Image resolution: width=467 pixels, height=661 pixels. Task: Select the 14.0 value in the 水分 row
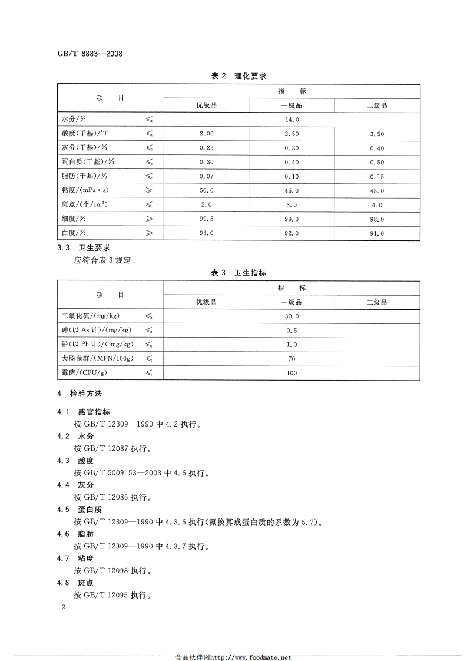(x=292, y=119)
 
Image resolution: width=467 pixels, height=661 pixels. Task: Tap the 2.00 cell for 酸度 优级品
(x=206, y=134)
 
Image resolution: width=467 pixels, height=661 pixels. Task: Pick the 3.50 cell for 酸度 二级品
(x=377, y=134)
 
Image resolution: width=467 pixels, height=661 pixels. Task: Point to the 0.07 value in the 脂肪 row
(x=206, y=176)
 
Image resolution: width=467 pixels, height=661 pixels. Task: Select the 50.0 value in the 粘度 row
(x=206, y=191)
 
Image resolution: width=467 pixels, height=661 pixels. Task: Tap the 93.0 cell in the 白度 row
(x=206, y=233)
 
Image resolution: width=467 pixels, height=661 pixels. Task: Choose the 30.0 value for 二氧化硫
(x=292, y=316)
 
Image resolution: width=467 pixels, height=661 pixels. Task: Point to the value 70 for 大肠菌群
(x=292, y=359)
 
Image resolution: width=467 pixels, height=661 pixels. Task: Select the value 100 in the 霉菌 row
(x=292, y=373)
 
